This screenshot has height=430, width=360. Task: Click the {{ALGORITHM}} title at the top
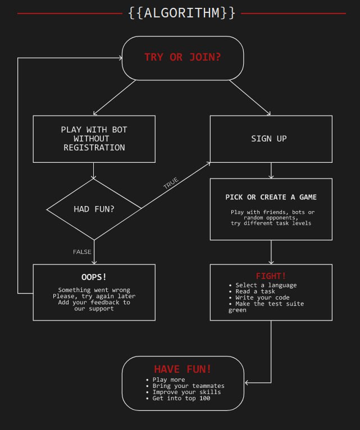coord(181,13)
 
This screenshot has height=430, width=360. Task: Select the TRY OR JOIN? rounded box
coord(183,57)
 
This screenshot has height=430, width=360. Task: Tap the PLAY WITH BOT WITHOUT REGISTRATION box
coord(94,139)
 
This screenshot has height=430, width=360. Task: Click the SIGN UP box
coord(271,139)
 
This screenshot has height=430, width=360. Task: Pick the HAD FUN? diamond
coord(94,209)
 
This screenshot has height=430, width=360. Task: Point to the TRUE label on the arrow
coord(171,183)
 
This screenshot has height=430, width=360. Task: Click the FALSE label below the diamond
coord(82,252)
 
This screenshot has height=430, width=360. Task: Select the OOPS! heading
coord(94,277)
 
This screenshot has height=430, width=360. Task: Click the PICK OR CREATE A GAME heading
coord(271,197)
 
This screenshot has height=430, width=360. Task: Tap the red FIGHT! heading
coord(271,276)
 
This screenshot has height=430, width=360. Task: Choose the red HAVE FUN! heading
coord(183,369)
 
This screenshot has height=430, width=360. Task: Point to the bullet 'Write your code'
coord(262,298)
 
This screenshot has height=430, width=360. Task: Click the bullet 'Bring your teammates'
coord(188,386)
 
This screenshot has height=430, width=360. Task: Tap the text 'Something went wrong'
coord(94,290)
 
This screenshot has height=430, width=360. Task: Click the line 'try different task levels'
coord(271,223)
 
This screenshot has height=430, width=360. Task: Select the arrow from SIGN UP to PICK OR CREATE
coord(271,170)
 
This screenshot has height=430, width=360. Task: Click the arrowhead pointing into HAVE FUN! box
coord(248,383)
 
